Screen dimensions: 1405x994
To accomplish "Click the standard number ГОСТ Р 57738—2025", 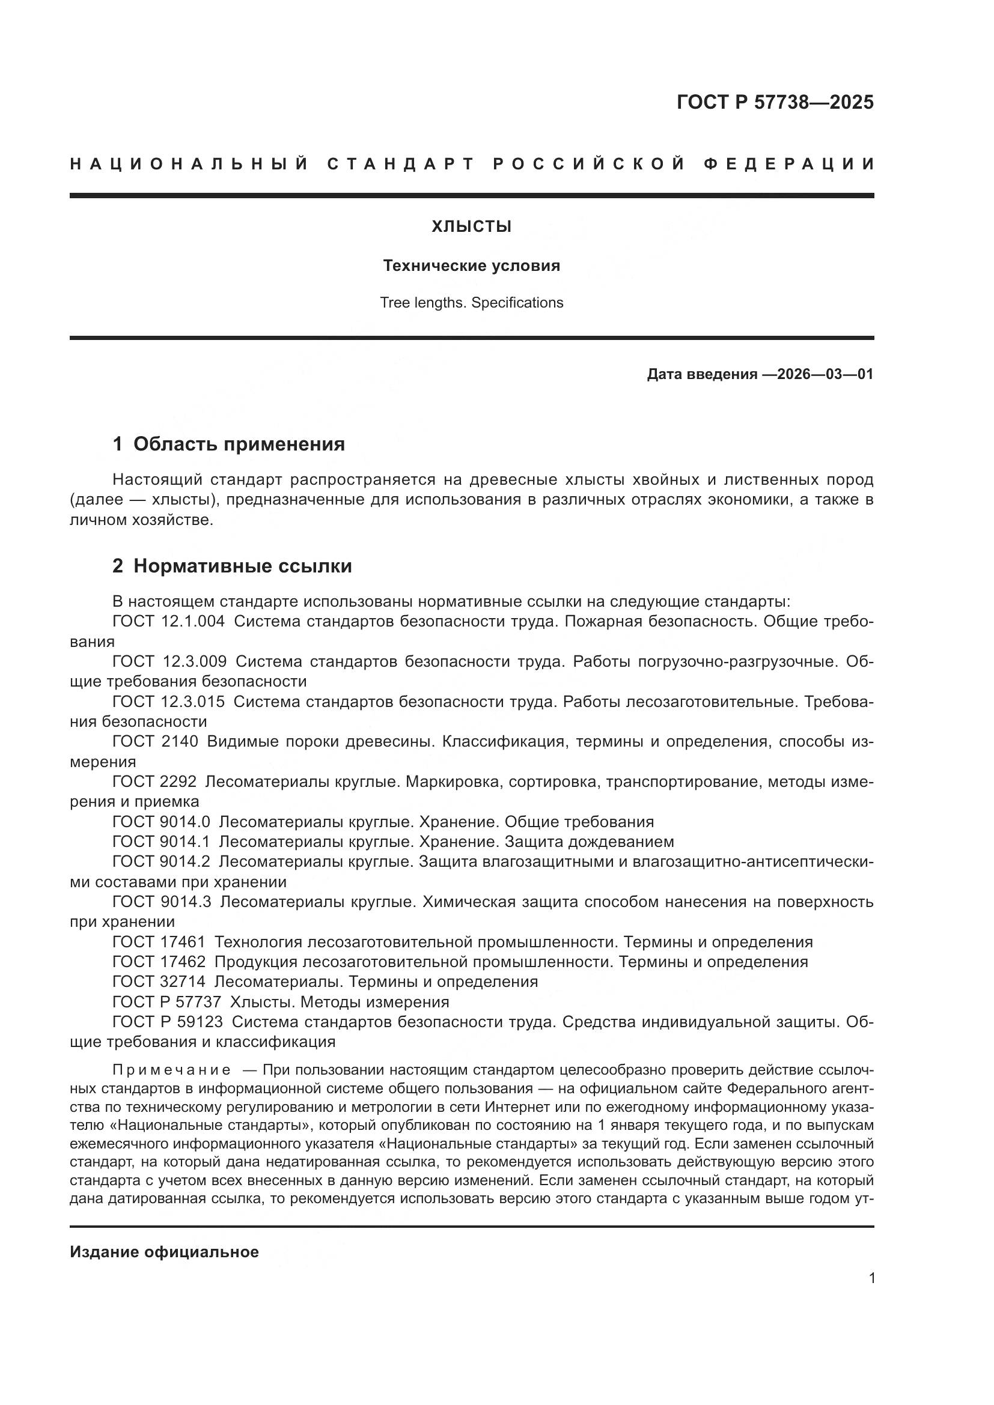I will [775, 102].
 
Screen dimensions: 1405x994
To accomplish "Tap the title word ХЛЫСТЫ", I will [471, 227].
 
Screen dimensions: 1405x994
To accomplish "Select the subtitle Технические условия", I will [471, 266].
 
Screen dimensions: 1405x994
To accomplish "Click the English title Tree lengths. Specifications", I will [471, 303].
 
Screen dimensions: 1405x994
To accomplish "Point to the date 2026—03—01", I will [825, 374].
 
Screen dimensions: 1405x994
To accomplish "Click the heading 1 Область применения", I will [229, 445].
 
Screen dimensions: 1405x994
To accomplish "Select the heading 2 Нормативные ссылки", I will [232, 566].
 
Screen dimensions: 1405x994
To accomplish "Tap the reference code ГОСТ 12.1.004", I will [169, 622].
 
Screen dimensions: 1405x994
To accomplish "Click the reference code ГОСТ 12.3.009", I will [169, 661].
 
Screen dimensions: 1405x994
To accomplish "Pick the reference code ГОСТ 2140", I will [156, 742].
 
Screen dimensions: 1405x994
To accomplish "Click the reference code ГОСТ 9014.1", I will [162, 842].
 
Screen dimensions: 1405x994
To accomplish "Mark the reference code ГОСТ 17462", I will [159, 962].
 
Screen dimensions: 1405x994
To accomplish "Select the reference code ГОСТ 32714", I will [159, 982].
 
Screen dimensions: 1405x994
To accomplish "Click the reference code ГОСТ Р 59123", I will [168, 1022].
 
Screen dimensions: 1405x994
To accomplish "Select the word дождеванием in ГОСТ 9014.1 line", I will [621, 842].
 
